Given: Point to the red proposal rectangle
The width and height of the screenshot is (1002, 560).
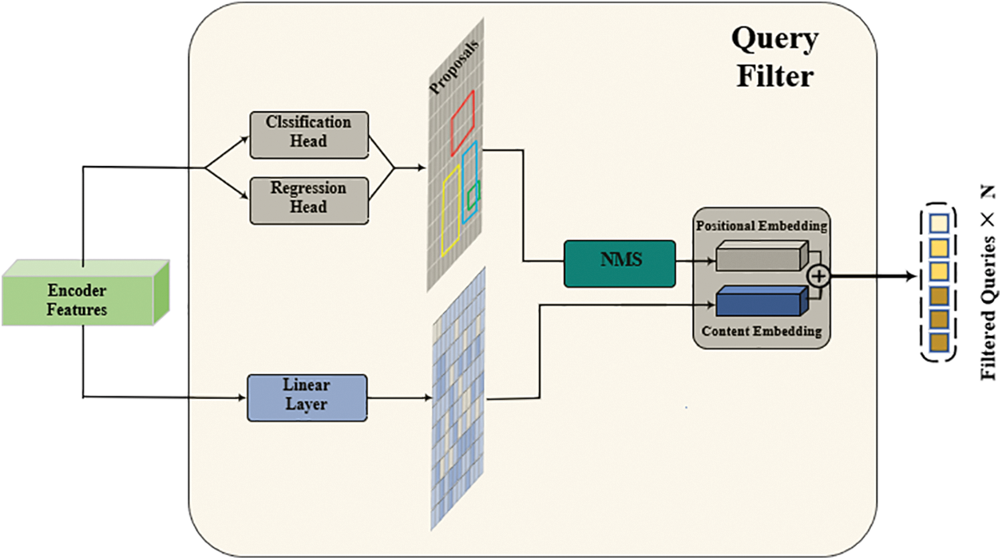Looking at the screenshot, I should pos(462,122).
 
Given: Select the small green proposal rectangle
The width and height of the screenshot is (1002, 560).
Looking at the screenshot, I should pos(473,194).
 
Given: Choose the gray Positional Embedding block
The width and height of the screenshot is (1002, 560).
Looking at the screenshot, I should pos(758,258).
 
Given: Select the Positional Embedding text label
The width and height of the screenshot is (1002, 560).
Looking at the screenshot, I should pos(761,226).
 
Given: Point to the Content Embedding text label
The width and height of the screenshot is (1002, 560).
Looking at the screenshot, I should pos(761,332).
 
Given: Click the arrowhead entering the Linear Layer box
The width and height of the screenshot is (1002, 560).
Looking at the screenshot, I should pos(242,397).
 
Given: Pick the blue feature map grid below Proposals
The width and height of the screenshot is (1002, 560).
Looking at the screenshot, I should pos(459,399).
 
